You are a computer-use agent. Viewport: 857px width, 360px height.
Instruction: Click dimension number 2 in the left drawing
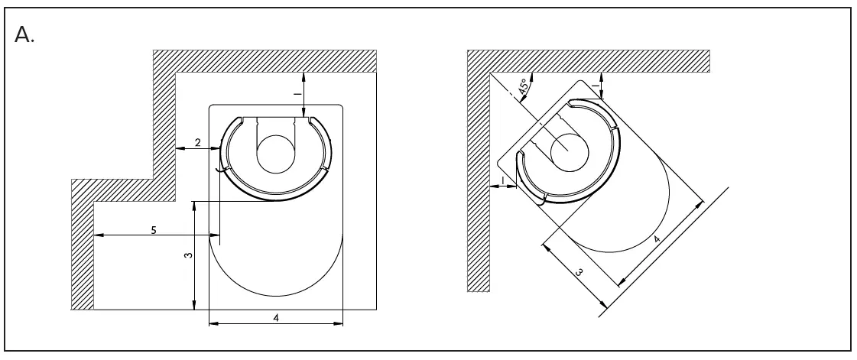tap(197, 143)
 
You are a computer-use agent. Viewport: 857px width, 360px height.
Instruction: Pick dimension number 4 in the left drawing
tap(274, 317)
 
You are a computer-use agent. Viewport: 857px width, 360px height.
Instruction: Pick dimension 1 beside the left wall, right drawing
tap(502, 180)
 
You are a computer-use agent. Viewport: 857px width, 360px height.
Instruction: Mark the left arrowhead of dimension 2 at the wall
tap(180, 149)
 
